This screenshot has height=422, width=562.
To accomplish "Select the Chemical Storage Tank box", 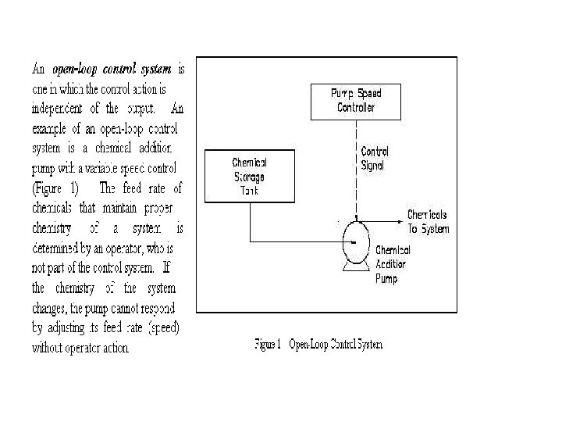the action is point(249,176).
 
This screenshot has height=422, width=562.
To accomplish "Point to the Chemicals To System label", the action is point(428,221).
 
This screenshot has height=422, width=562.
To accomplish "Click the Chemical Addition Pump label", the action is point(393,264).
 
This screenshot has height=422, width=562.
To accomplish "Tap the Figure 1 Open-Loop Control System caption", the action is point(319,343).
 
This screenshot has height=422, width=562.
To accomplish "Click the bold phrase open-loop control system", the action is point(111,69).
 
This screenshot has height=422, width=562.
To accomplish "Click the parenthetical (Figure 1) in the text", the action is point(54,188).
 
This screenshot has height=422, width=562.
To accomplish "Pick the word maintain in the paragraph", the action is point(119,208).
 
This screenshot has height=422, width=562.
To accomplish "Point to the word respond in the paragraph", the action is point(158,308).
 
